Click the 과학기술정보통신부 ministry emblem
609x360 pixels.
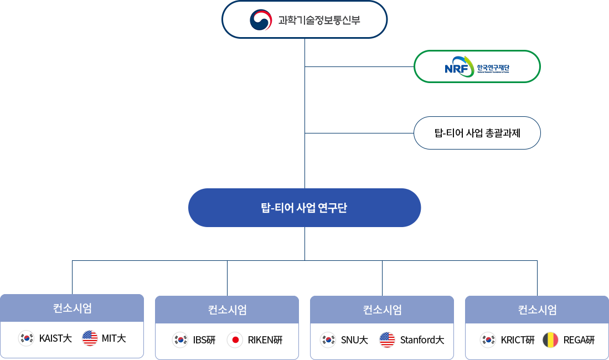click(261, 20)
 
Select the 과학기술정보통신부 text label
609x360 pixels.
click(319, 21)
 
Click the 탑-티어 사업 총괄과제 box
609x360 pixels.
click(477, 133)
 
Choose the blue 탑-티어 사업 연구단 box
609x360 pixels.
click(304, 208)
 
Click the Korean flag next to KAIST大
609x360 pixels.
click(26, 338)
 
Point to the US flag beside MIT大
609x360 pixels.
click(90, 338)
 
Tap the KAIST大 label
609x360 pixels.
click(55, 338)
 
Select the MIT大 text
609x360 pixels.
click(114, 338)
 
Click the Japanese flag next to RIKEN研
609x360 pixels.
click(235, 340)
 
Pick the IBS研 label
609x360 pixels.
click(204, 340)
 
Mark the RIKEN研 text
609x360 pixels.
click(265, 340)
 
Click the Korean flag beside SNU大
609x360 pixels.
click(328, 340)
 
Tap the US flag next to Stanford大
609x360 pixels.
click(387, 340)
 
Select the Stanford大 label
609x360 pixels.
click(422, 340)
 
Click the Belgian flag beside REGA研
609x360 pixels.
click(550, 340)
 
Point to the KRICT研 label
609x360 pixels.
click(518, 340)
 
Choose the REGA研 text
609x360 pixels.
click(579, 340)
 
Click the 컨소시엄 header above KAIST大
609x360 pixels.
click(72, 308)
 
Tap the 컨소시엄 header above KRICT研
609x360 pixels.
click(537, 310)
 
